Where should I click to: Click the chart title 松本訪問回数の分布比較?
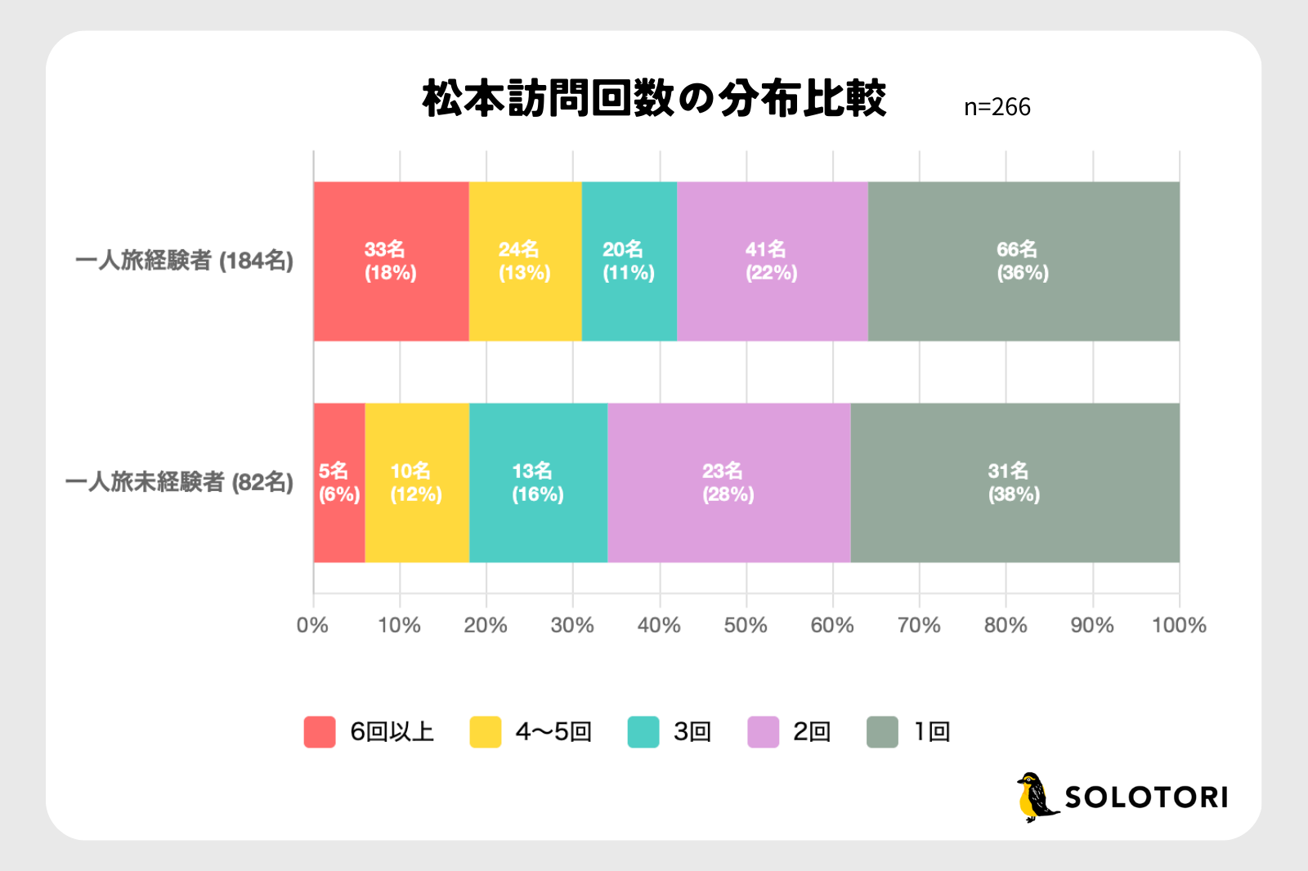pos(654,99)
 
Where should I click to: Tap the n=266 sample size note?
pos(997,107)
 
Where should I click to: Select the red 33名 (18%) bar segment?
pos(391,261)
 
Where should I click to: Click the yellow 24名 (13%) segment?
pos(525,261)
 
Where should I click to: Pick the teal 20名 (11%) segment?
pos(629,261)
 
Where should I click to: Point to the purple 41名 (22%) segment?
pos(772,261)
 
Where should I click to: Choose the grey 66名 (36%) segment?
pos(1023,261)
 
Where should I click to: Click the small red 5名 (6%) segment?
pos(338,483)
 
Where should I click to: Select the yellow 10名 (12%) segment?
pos(416,483)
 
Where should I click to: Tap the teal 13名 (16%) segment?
pos(538,483)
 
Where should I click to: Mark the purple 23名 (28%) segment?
pos(728,483)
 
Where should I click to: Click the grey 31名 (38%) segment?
pos(1015,483)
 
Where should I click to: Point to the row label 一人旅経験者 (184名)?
pos(185,261)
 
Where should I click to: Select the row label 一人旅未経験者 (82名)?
pos(179,482)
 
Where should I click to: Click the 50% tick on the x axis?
pos(746,625)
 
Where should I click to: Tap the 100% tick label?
pos(1178,625)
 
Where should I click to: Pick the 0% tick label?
pos(312,625)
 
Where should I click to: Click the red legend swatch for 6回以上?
pos(320,732)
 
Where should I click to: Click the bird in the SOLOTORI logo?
pos(1035,797)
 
